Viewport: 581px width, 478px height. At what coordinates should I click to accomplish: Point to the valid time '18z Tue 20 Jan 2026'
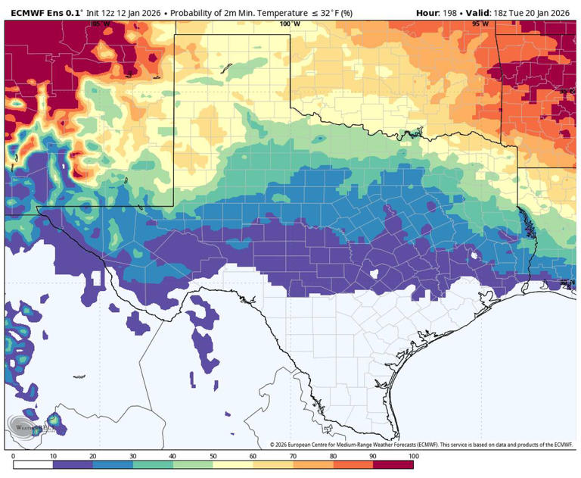point(533,13)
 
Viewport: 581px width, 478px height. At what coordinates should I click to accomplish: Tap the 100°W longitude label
point(289,24)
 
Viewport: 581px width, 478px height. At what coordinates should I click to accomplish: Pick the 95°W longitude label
point(480,24)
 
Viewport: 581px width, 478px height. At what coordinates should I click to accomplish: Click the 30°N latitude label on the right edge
point(567,283)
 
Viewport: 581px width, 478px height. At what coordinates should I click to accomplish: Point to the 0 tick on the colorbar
point(13,456)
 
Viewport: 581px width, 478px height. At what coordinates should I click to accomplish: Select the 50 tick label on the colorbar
point(213,456)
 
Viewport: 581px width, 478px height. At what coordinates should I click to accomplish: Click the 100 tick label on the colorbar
point(413,456)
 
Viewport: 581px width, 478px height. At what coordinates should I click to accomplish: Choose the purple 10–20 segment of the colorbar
point(73,464)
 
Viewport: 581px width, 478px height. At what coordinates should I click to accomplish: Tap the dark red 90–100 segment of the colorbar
point(393,464)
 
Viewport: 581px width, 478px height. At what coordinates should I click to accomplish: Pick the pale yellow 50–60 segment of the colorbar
point(233,464)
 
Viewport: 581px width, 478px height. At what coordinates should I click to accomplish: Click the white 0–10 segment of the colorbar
point(33,464)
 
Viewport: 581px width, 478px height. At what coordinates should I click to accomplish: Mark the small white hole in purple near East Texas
point(474,256)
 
